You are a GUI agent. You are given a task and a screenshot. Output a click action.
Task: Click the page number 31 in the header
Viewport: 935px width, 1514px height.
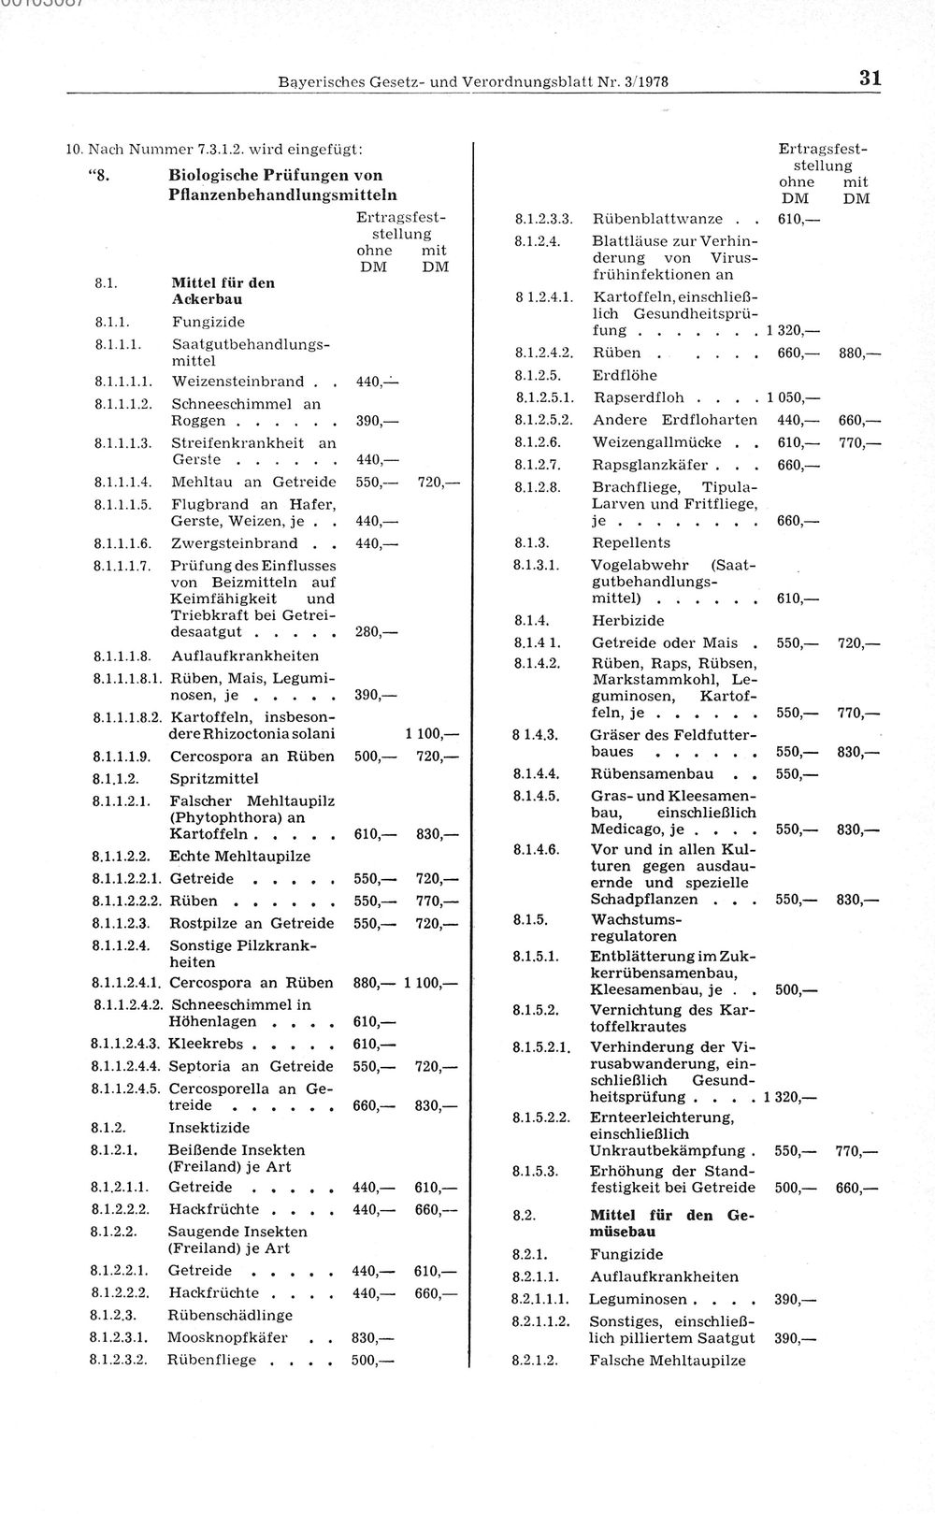click(x=870, y=79)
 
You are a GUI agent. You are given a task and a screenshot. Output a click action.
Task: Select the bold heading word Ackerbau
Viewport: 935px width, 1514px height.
click(x=208, y=299)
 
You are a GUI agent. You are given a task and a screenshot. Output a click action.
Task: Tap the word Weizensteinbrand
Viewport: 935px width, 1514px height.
click(x=238, y=382)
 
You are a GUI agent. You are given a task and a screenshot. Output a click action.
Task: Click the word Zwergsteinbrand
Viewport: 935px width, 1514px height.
click(x=235, y=543)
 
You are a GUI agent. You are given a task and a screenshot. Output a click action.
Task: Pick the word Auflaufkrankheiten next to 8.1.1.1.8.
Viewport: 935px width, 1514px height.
click(x=245, y=656)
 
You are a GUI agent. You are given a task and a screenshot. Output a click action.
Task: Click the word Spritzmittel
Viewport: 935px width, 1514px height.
click(x=214, y=778)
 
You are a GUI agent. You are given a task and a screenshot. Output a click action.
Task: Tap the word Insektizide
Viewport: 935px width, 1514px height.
click(x=209, y=1128)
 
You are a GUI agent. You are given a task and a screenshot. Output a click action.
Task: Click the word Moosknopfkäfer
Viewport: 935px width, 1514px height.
click(x=227, y=1337)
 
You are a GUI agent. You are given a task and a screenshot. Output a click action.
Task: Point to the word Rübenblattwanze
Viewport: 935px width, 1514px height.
click(x=657, y=219)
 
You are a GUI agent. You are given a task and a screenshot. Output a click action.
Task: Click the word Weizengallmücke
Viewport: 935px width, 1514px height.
click(x=656, y=441)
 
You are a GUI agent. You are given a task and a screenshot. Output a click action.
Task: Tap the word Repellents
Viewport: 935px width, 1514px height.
click(x=631, y=542)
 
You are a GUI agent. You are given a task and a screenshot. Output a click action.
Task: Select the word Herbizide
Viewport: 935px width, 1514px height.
click(x=628, y=620)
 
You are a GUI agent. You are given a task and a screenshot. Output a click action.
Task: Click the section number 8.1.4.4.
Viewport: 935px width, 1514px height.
click(x=536, y=773)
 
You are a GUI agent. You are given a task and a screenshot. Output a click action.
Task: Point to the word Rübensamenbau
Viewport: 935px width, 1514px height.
click(x=652, y=773)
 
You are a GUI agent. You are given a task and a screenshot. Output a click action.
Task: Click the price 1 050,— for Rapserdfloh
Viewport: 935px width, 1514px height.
click(x=791, y=397)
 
